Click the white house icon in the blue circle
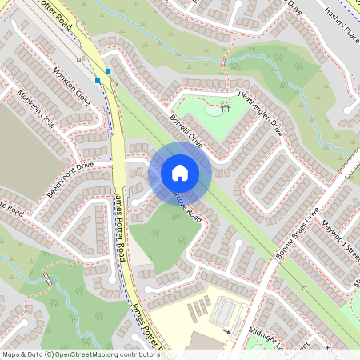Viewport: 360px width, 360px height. (x=180, y=172)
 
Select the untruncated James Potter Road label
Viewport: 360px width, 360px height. (x=120, y=229)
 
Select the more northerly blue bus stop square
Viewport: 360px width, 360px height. (x=107, y=71)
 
